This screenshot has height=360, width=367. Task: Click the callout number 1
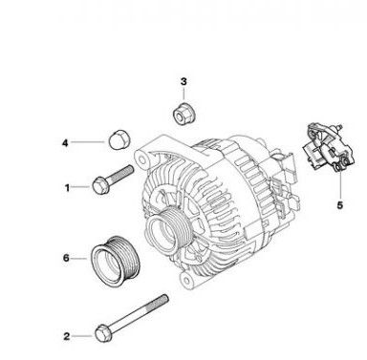pos(67,188)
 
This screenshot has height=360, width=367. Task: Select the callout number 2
pos(67,336)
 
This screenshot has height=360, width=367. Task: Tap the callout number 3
pos(183,81)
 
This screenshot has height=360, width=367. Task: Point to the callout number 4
pos(65,143)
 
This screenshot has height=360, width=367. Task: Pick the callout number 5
pos(340,205)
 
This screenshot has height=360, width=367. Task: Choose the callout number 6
pos(66,258)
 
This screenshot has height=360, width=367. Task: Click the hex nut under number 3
pos(184,114)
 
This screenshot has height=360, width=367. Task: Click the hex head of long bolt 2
pos(103,333)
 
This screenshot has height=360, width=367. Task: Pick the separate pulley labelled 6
pos(115,262)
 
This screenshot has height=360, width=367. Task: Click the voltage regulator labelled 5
pos(329,147)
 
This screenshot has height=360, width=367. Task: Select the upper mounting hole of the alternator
pos(142,159)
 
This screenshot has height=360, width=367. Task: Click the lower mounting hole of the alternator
pos(185,280)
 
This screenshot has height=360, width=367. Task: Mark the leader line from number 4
pos(88,142)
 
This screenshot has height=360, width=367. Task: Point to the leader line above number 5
pos(340,184)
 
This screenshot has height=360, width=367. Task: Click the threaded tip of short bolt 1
pos(129,170)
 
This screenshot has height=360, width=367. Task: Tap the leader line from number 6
pos(78,259)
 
